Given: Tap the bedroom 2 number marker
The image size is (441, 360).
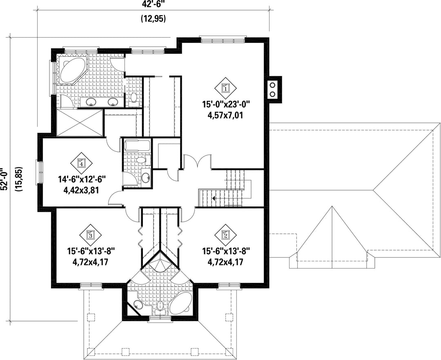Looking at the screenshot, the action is [x=225, y=234].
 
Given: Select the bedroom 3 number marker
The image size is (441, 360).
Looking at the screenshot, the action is [x=90, y=234].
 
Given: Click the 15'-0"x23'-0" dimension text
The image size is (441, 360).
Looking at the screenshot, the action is [x=226, y=104].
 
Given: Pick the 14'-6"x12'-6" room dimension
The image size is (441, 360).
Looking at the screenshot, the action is [x=82, y=179].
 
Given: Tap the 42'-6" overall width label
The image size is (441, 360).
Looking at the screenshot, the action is [x=153, y=4].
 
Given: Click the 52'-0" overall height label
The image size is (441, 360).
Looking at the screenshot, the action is [x=3, y=179].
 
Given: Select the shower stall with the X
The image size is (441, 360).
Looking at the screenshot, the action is [x=80, y=123].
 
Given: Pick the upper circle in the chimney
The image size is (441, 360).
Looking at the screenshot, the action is [x=272, y=84].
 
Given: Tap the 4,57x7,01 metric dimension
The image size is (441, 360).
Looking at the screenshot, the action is [x=225, y=115].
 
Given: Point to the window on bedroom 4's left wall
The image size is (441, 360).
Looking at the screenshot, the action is [x=40, y=172].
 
